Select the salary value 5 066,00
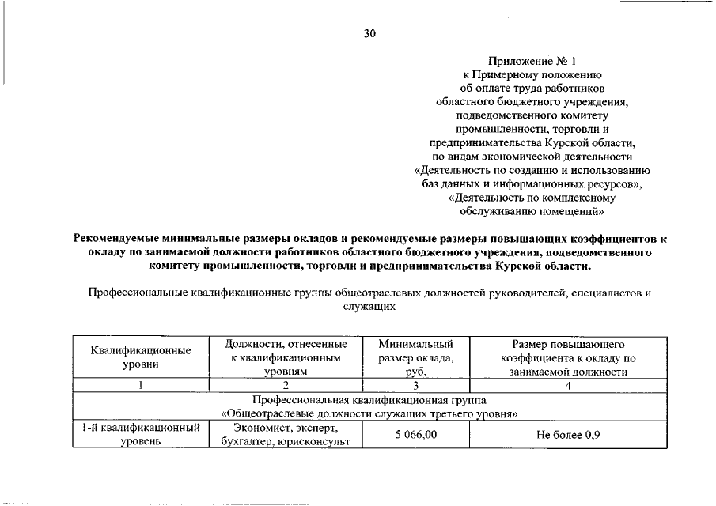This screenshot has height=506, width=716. pyautogui.click(x=415, y=435)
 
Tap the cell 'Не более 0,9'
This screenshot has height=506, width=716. pyautogui.click(x=567, y=435)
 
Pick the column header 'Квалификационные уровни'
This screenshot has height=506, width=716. pyautogui.click(x=140, y=357)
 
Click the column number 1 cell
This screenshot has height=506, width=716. pyautogui.click(x=140, y=385)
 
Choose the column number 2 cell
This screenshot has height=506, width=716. pyautogui.click(x=286, y=385)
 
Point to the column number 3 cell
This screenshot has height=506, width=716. pyautogui.click(x=415, y=385)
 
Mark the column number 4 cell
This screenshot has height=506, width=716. pyautogui.click(x=567, y=385)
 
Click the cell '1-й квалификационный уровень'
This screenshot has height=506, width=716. pyautogui.click(x=140, y=435)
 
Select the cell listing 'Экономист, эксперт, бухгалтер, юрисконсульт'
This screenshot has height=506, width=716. pyautogui.click(x=286, y=435)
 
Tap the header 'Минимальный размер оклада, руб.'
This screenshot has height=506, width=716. pyautogui.click(x=415, y=357)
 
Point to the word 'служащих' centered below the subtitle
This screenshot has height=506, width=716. pyautogui.click(x=369, y=305)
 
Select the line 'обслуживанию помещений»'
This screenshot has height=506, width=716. pyautogui.click(x=532, y=211)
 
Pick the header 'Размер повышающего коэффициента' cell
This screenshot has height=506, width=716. pyautogui.click(x=567, y=357)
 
